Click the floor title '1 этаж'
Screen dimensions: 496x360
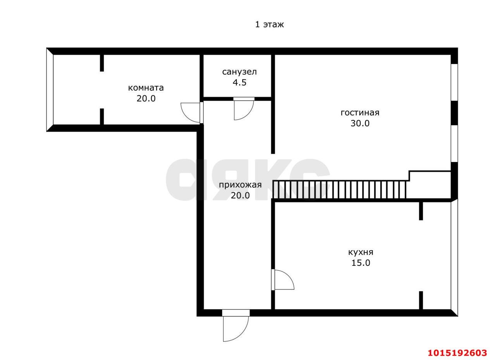coord(269,24)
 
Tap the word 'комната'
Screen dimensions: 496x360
coord(146,88)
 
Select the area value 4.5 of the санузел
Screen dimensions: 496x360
coord(239,83)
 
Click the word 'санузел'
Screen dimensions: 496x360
coord(239,72)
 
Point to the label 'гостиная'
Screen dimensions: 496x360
coord(360,113)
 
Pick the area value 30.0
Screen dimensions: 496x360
coord(360,123)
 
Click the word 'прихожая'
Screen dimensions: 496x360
coord(240,185)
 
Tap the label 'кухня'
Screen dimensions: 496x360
coord(361,252)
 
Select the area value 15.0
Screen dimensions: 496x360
coord(361,263)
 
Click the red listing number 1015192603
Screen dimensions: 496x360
coord(457,353)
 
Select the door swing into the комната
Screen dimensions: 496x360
coord(190,112)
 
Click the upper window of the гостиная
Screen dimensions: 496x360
coord(455,83)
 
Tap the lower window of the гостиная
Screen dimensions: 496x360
coord(455,143)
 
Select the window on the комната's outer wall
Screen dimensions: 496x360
coord(50,90)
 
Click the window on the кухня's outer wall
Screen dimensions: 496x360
coord(455,257)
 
